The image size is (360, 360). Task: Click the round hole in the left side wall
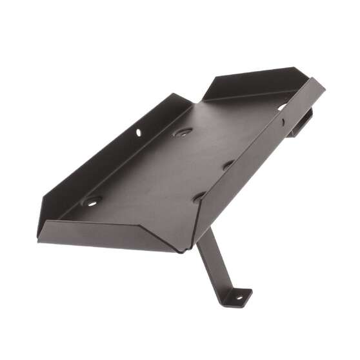[138, 133]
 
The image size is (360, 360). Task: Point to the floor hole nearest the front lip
[91, 201]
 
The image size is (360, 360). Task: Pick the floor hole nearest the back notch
[183, 132]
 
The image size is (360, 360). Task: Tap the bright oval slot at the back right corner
[283, 106]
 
